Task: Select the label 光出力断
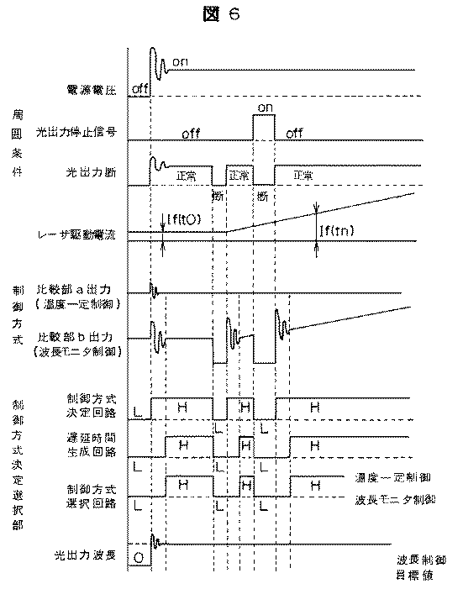92,171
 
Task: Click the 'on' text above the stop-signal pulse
265,107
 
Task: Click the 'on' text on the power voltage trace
179,62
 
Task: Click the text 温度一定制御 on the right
393,476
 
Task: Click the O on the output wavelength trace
139,556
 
